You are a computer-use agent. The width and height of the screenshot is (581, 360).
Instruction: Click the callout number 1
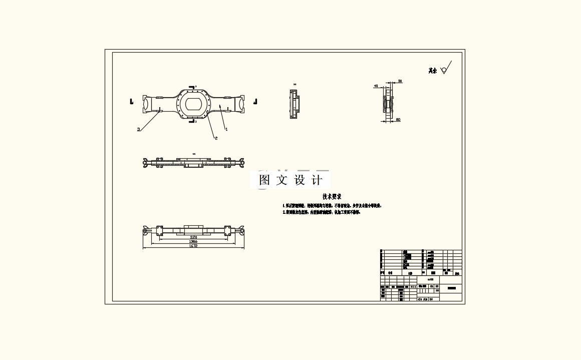pyautogui.click(x=226, y=129)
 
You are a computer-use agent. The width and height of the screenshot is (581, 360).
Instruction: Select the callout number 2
pyautogui.click(x=216, y=138)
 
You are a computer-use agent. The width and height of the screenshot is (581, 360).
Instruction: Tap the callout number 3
pyautogui.click(x=138, y=129)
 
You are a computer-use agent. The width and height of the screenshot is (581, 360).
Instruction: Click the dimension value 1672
pyautogui.click(x=193, y=246)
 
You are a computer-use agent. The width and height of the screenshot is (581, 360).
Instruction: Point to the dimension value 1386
pyautogui.click(x=193, y=241)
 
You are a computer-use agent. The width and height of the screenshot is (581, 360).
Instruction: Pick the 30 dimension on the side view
pyautogui.click(x=400, y=81)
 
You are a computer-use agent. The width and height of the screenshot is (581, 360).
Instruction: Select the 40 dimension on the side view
pyautogui.click(x=376, y=86)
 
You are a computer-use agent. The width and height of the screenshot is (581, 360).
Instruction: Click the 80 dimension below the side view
pyautogui.click(x=398, y=120)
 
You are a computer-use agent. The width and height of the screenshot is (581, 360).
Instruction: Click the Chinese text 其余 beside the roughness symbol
pyautogui.click(x=432, y=71)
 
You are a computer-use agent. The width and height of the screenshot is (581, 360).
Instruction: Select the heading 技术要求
pyautogui.click(x=332, y=197)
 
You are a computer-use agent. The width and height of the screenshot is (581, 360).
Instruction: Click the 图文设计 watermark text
pyautogui.click(x=290, y=180)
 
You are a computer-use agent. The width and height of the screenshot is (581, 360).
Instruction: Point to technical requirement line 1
pyautogui.click(x=332, y=205)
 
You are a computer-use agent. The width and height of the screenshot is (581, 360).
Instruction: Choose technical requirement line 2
pyautogui.click(x=321, y=212)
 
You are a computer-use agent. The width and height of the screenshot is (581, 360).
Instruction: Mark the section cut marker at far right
pyautogui.click(x=255, y=102)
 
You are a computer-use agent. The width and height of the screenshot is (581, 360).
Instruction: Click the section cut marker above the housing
pyautogui.click(x=192, y=87)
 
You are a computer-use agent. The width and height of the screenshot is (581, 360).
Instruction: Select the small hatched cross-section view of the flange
pyautogui.click(x=294, y=104)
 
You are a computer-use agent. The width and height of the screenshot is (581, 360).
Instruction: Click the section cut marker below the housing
pyautogui.click(x=192, y=121)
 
